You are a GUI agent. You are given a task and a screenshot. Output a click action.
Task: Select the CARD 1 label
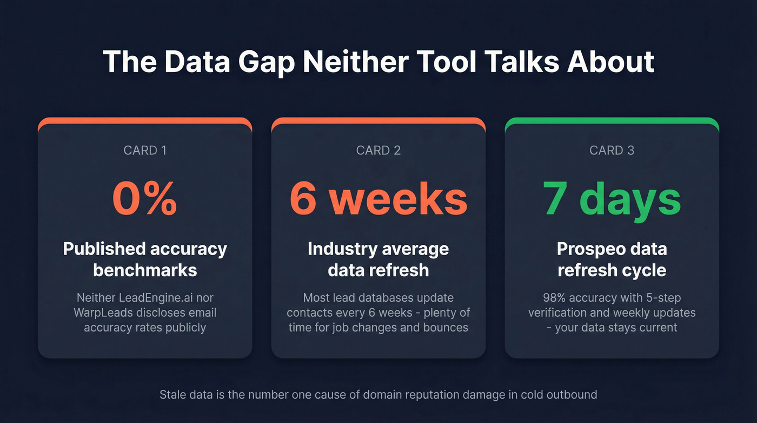click(x=145, y=150)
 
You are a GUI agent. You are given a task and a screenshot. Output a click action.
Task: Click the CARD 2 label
click(x=378, y=150)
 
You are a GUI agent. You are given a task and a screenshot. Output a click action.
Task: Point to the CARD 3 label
click(x=612, y=150)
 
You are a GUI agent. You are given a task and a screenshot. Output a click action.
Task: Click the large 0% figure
click(x=145, y=199)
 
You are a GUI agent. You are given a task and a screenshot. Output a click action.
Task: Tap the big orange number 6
click(x=303, y=199)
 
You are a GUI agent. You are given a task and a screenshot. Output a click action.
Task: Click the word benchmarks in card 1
click(x=145, y=269)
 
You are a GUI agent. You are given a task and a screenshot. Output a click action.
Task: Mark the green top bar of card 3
click(x=612, y=122)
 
